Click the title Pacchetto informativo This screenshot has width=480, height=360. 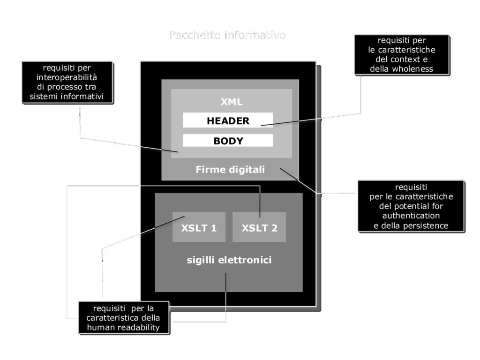click(x=227, y=36)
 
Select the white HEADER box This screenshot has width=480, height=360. click(x=228, y=120)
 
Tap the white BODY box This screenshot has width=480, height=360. click(x=228, y=141)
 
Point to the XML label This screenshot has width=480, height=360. click(x=232, y=102)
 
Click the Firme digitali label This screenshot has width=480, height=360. click(x=230, y=170)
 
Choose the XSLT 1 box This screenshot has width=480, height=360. click(x=199, y=228)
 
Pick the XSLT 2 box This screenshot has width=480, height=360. click(x=259, y=228)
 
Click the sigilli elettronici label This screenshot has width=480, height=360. click(x=229, y=259)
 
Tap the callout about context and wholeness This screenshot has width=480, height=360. click(x=401, y=55)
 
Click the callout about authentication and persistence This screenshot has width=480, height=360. click(x=411, y=206)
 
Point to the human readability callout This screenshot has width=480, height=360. click(x=124, y=318)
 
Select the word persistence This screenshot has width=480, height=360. click(x=426, y=225)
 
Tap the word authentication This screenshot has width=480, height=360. click(x=411, y=216)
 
